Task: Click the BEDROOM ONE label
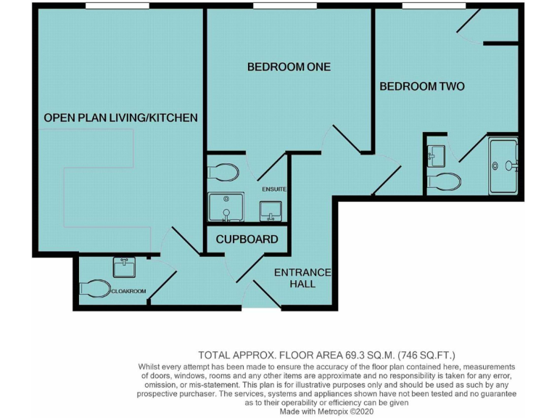(289, 67)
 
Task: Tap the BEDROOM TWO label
(422, 86)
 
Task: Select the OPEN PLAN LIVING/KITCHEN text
(120, 118)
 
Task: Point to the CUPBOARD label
(247, 239)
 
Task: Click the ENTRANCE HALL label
(302, 278)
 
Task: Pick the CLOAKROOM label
(128, 291)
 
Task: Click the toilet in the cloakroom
(92, 289)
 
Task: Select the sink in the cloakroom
(125, 267)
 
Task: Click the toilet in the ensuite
(224, 172)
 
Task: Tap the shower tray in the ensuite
(226, 207)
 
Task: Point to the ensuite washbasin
(271, 210)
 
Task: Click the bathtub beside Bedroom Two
(504, 166)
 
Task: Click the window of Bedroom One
(284, 6)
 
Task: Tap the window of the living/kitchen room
(117, 6)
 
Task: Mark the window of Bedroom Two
(433, 6)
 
